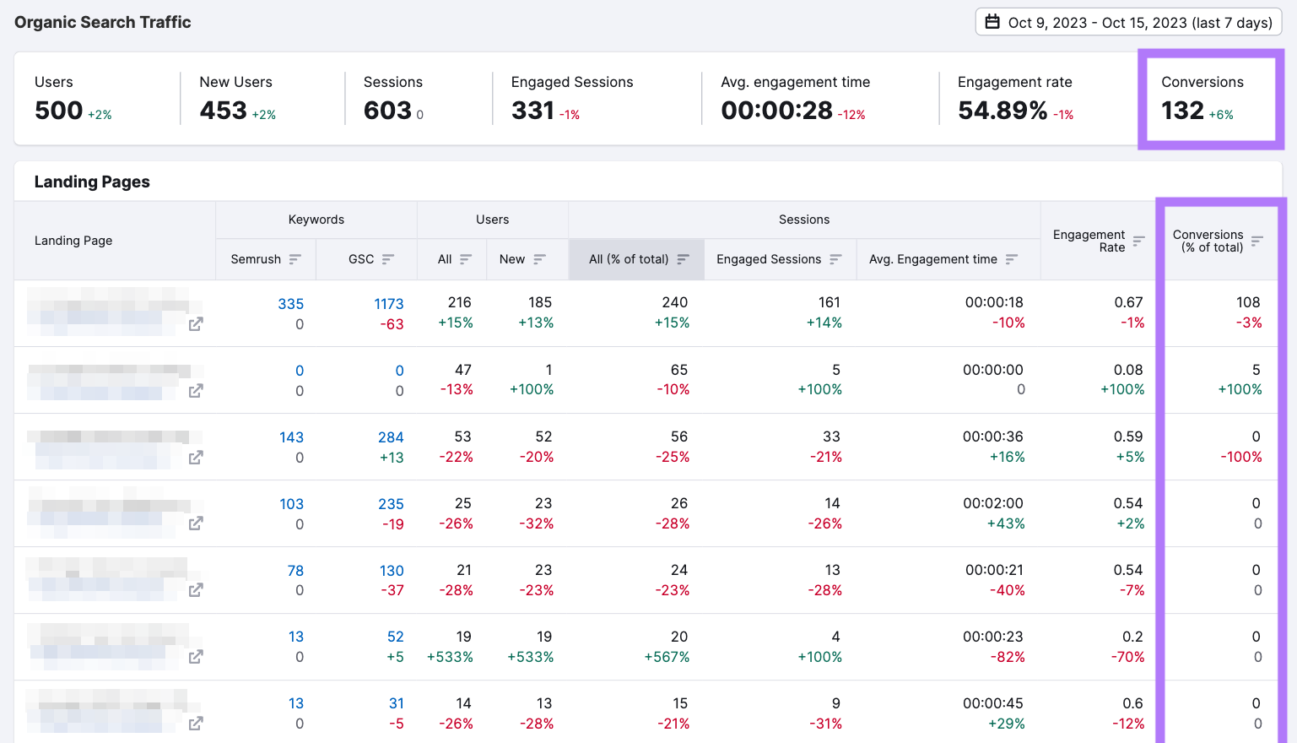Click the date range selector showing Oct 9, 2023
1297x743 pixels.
pyautogui.click(x=1128, y=23)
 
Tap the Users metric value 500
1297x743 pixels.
pyautogui.click(x=58, y=111)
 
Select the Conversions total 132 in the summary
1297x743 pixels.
pyautogui.click(x=1182, y=111)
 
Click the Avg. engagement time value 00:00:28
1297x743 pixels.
pyautogui.click(x=776, y=111)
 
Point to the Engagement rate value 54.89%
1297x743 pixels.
pyautogui.click(x=1002, y=111)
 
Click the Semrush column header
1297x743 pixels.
pyautogui.click(x=256, y=259)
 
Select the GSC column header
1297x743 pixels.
pyautogui.click(x=361, y=259)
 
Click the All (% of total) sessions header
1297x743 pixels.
pyautogui.click(x=629, y=259)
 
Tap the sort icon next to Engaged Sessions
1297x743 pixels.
pyautogui.click(x=835, y=259)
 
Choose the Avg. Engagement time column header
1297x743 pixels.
pyautogui.click(x=933, y=259)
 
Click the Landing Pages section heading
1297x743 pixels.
pyautogui.click(x=92, y=182)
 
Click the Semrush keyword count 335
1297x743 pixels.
pyautogui.click(x=290, y=304)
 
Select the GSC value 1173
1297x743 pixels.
pyautogui.click(x=388, y=304)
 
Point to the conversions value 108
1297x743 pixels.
pyautogui.click(x=1247, y=302)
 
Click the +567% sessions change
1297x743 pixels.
pyautogui.click(x=667, y=657)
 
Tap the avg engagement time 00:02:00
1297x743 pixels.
pyautogui.click(x=992, y=503)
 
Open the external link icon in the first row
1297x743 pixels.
pyautogui.click(x=196, y=324)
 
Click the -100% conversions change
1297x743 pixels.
pyautogui.click(x=1240, y=457)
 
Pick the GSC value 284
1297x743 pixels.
pyautogui.click(x=390, y=437)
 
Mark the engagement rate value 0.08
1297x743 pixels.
pyautogui.click(x=1127, y=370)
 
